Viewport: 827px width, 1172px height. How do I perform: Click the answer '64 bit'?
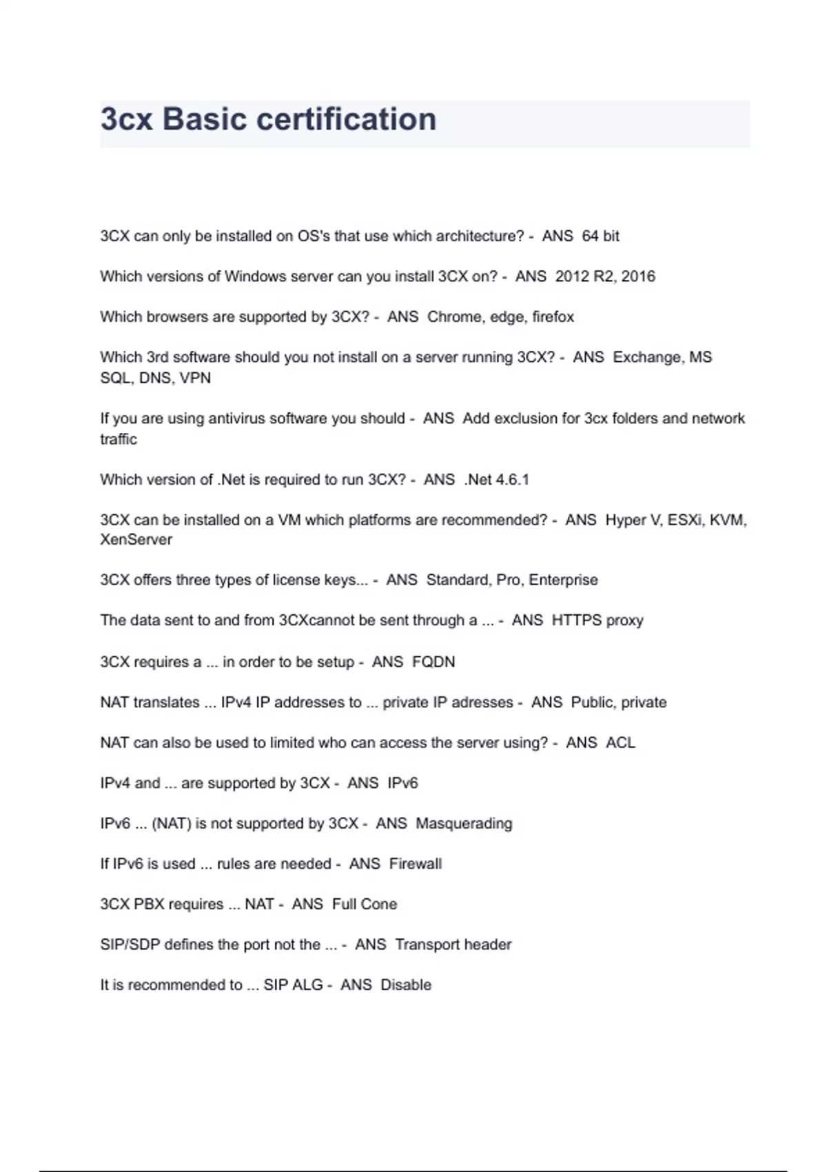(600, 236)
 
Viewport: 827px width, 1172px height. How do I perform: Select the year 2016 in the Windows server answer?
(638, 276)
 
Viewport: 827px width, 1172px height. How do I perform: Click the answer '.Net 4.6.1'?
(497, 480)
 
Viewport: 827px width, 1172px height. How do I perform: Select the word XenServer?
(136, 540)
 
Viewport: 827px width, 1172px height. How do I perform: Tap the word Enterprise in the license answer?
(563, 580)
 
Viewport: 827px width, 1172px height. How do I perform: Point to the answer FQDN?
(433, 662)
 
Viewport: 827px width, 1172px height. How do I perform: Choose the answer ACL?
(620, 743)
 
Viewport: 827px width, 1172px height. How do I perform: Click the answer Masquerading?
(464, 824)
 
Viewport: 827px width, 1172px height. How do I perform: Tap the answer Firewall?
(415, 864)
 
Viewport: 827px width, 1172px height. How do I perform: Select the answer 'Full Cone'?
(364, 905)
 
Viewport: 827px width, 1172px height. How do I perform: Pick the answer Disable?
(406, 985)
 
